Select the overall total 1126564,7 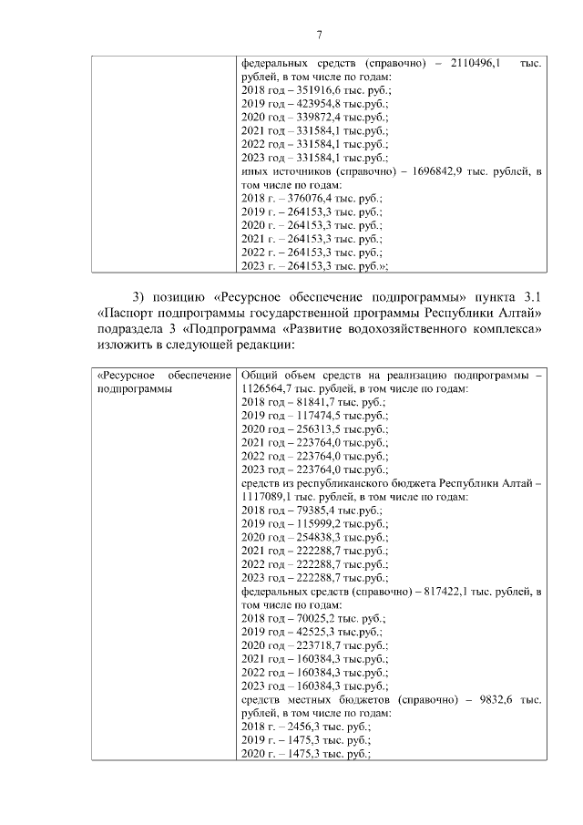270,387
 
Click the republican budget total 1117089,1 271,497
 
